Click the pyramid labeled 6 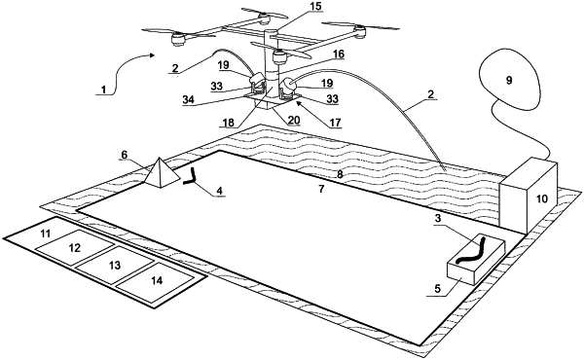point(161,174)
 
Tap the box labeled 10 point(529,196)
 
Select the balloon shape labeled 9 point(509,81)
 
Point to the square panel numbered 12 point(75,247)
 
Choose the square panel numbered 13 point(115,265)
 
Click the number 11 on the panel point(46,234)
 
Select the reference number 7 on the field point(321,189)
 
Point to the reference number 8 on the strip point(340,174)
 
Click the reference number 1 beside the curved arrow point(103,90)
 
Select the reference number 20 point(294,120)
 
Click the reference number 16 point(338,54)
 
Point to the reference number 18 point(229,123)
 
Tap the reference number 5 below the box point(438,288)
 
